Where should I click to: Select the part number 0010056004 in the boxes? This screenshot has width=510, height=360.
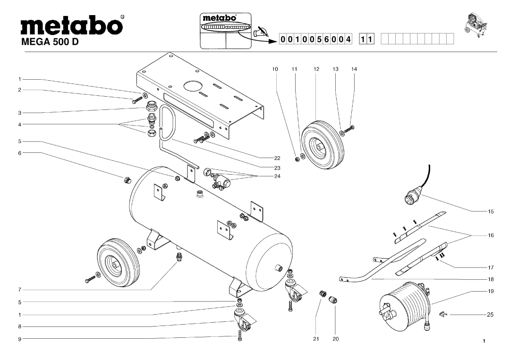click(316, 39)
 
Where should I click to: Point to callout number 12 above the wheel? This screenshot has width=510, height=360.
click(316, 69)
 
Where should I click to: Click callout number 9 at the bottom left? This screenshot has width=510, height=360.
click(20, 338)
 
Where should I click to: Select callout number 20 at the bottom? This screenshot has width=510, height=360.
click(335, 338)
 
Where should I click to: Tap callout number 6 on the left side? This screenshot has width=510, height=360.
click(20, 153)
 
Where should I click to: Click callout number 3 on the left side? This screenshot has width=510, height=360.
click(20, 113)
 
